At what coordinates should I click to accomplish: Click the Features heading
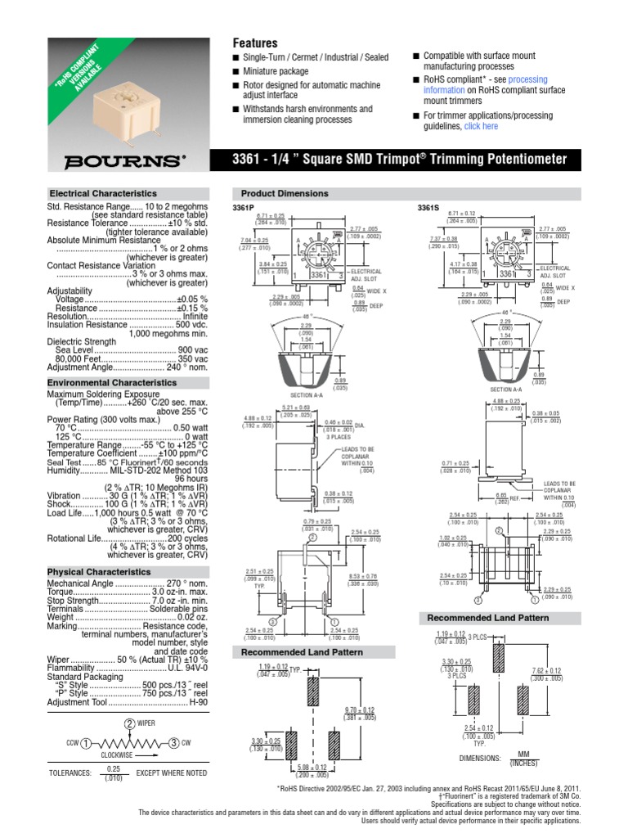(x=255, y=43)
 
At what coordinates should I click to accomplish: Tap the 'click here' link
(x=481, y=127)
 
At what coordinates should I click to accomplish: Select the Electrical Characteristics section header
(x=101, y=193)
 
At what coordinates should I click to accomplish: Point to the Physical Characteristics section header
(x=100, y=572)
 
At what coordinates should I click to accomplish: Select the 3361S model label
(x=430, y=208)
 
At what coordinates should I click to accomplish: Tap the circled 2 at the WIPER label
(x=129, y=723)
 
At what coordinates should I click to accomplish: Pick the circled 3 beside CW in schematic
(x=173, y=743)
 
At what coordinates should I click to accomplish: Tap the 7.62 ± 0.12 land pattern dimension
(x=546, y=674)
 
